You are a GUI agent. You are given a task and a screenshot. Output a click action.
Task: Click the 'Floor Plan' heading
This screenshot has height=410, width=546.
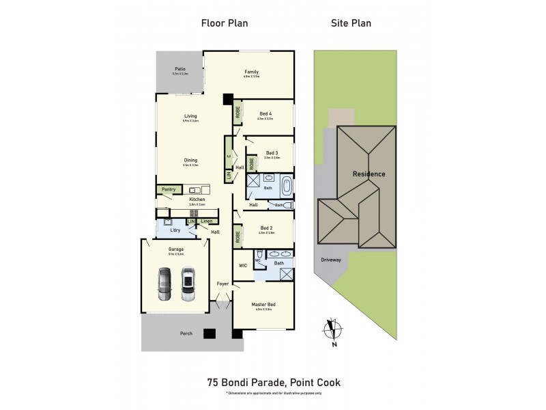[x=224, y=23]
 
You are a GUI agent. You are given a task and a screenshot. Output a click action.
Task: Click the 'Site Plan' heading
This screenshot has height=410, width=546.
[x=351, y=23]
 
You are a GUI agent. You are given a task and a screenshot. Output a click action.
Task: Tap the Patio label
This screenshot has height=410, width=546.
[x=180, y=69]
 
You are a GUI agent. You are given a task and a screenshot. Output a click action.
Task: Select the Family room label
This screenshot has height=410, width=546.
[x=251, y=72]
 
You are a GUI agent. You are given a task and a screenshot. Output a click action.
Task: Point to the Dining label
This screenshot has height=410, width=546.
[x=190, y=161]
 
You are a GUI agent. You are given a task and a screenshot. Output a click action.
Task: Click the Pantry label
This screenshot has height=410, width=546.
[x=169, y=189]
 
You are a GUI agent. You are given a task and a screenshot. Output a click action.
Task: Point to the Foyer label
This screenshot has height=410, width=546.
[x=223, y=283]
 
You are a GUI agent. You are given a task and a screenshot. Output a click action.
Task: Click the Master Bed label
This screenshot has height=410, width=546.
[x=264, y=305]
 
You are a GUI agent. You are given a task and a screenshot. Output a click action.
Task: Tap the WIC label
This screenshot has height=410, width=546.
[x=242, y=265]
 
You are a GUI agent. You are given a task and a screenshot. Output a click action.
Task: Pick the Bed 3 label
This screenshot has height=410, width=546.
[x=272, y=152]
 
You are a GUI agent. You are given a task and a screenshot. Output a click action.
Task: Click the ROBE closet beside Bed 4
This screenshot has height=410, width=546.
[x=237, y=111]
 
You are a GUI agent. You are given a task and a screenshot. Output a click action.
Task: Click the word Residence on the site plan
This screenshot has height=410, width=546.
[x=369, y=174]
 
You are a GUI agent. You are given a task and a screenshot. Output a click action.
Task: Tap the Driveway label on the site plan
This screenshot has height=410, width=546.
[x=332, y=260]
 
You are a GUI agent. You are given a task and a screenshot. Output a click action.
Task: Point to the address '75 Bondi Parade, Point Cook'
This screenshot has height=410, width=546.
[x=273, y=384]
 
